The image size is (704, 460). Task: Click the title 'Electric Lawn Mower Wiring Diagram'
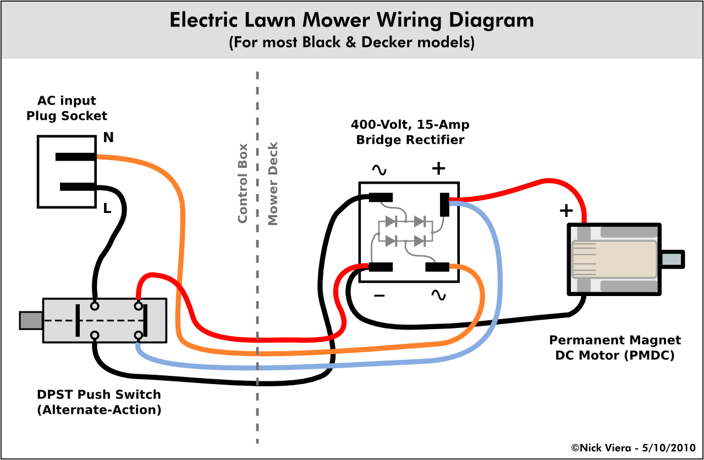point(351,20)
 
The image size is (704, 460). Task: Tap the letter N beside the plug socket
point(108,138)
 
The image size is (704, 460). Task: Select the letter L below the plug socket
point(107,209)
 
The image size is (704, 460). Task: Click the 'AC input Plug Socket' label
point(67,108)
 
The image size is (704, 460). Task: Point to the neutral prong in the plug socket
point(76,157)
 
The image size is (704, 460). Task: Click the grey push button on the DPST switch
point(31,320)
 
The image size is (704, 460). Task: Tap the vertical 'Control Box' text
point(243,183)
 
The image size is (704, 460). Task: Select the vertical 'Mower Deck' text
point(273,183)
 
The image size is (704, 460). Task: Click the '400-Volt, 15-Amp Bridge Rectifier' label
point(410,132)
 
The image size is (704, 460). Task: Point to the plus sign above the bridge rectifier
point(438,168)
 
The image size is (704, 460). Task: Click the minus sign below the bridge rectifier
point(379,296)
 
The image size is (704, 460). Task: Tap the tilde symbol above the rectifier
point(379,169)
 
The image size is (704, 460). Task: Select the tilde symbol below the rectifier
point(438,295)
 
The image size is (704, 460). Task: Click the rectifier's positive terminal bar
point(444,205)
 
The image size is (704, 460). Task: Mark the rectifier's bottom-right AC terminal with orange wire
point(438,267)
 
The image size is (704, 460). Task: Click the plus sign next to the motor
point(566,210)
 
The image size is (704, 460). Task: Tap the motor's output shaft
point(672,259)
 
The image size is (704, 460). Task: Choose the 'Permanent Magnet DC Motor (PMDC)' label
point(615,348)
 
